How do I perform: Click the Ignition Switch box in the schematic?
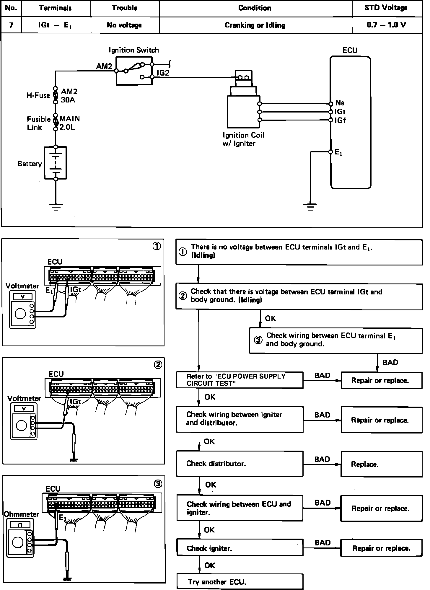[x=134, y=71]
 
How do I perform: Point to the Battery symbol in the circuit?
[x=56, y=163]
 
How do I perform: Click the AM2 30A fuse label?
[x=69, y=96]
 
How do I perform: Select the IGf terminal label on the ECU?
[x=340, y=120]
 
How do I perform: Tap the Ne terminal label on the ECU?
[x=340, y=103]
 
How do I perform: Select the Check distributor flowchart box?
[x=240, y=464]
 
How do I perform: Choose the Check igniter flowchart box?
[x=240, y=548]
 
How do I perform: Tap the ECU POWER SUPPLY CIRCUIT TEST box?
[x=240, y=380]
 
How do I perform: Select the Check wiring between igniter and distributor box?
[x=240, y=419]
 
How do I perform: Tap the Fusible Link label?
[x=39, y=123]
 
